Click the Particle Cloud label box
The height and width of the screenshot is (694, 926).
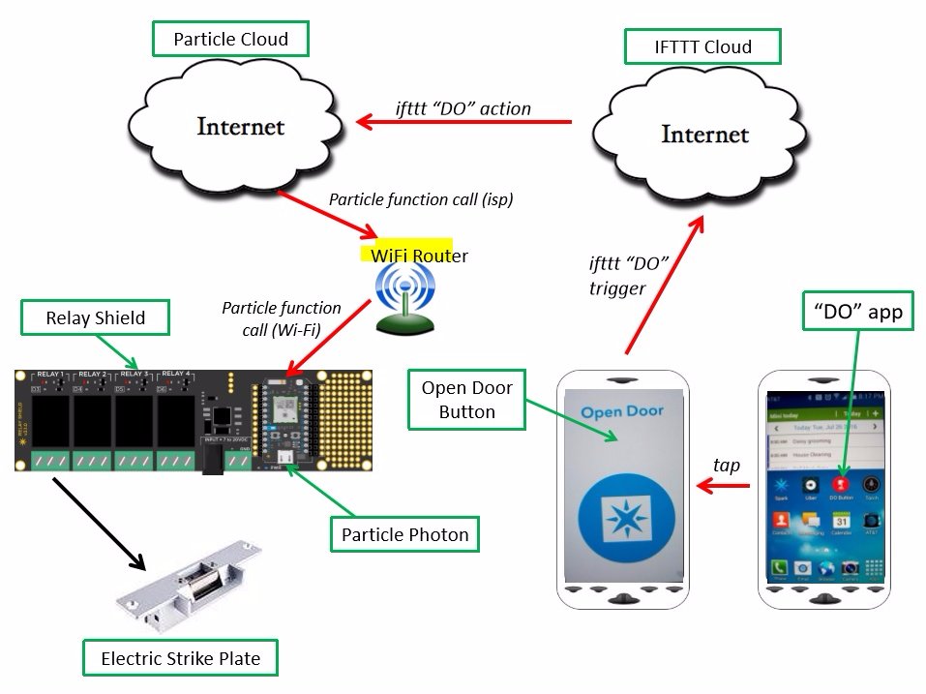tap(230, 40)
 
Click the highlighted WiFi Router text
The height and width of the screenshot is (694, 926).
tap(419, 256)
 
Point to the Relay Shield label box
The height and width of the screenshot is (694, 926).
tap(95, 317)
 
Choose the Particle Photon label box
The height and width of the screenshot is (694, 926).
tap(404, 533)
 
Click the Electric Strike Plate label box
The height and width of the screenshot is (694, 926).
tap(180, 658)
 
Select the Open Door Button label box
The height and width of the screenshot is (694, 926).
tap(467, 400)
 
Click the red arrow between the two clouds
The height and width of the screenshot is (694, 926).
tap(464, 122)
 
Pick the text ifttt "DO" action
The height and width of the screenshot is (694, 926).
tap(463, 107)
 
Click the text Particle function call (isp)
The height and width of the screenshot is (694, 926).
tap(421, 199)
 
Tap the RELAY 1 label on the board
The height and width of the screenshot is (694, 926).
tap(49, 374)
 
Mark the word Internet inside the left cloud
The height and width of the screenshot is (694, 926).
tap(241, 126)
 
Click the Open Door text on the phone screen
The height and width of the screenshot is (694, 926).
tap(622, 411)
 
